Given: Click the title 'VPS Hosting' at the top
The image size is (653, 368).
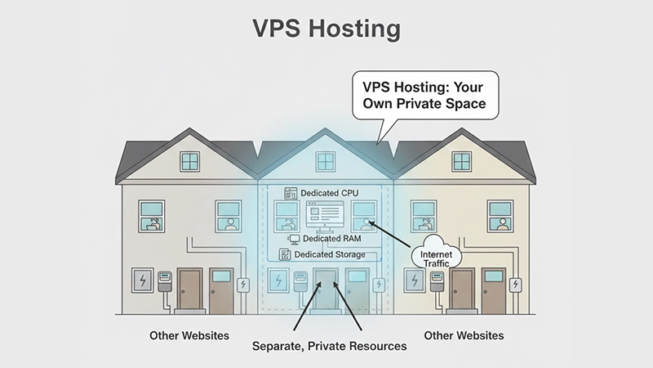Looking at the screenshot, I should (x=326, y=29).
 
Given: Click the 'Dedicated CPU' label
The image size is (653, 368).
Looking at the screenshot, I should (x=327, y=193).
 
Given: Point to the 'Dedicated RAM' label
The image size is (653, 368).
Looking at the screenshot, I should (x=331, y=239).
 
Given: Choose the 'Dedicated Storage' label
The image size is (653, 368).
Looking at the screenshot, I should (x=331, y=255).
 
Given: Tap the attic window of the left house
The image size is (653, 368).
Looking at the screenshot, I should (x=190, y=161).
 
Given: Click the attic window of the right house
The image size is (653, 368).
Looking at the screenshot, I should (x=462, y=161).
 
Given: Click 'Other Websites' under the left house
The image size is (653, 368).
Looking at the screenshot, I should (x=189, y=335).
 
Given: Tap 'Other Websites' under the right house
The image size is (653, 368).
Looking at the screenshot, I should (x=464, y=335).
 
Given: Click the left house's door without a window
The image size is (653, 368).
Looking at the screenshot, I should (x=190, y=290).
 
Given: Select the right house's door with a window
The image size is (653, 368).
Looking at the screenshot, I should (x=493, y=290).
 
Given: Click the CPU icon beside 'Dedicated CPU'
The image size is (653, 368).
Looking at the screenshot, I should (x=288, y=193).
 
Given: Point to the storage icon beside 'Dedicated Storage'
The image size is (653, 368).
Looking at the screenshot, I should (x=285, y=255).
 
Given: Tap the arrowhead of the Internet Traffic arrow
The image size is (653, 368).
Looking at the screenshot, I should (x=371, y=222).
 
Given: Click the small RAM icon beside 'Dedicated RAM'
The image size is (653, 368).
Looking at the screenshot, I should (x=295, y=239).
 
